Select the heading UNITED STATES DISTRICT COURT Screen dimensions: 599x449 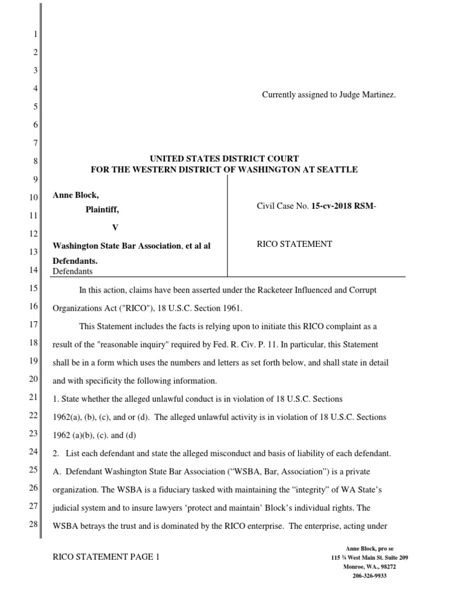pyautogui.click(x=224, y=159)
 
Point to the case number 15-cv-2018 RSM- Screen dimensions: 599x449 pyautogui.click(x=338, y=206)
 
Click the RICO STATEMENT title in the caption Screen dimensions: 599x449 pyautogui.click(x=295, y=244)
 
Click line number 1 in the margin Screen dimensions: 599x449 pyautogui.click(x=34, y=33)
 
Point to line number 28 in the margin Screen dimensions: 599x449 pyautogui.click(x=33, y=524)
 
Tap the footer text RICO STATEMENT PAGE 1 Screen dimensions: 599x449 pyautogui.click(x=106, y=558)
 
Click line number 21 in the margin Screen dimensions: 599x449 pyautogui.click(x=33, y=398)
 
